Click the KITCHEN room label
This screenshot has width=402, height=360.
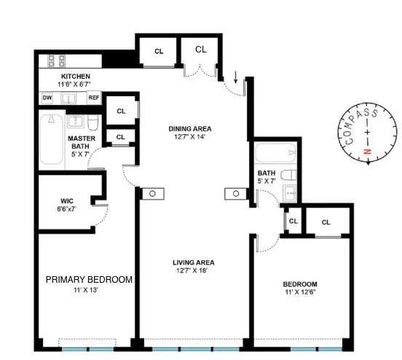pos(75,77)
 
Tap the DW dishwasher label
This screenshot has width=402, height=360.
pos(47,98)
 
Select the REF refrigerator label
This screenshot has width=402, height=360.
pos(93,98)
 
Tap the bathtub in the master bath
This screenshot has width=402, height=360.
pos(51,141)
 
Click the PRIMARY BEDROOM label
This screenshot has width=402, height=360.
pos(89,279)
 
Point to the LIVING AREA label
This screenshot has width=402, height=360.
pos(193,262)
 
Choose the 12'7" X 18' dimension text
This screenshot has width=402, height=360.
pos(193,271)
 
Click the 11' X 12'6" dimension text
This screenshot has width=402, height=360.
pos(301,293)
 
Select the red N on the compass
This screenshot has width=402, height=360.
pos(368,152)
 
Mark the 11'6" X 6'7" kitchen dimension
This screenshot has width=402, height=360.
pos(75,85)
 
